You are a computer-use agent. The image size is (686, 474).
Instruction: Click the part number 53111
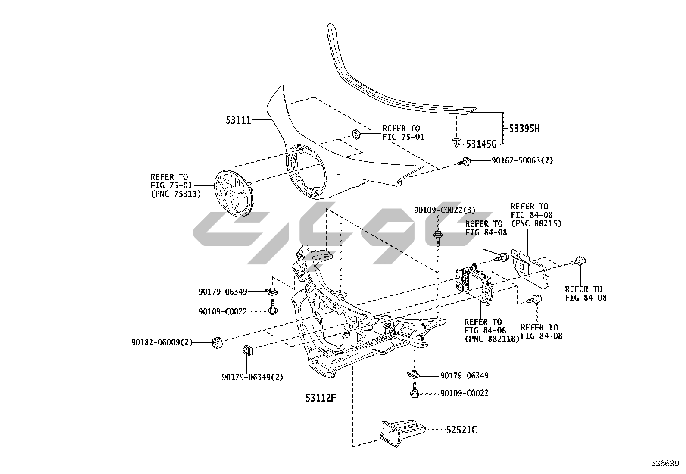point(238,120)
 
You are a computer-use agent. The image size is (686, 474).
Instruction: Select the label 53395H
point(524,129)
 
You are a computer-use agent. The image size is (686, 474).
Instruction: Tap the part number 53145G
point(481,144)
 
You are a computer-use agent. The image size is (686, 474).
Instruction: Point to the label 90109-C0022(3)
point(444,210)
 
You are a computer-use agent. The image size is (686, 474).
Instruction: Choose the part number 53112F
point(321,398)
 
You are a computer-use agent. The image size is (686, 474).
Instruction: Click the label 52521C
point(461,430)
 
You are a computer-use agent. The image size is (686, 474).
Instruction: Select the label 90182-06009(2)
point(162,342)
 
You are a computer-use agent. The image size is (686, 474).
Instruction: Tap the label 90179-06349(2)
point(253,377)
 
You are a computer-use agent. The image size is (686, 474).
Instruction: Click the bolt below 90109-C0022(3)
point(438,237)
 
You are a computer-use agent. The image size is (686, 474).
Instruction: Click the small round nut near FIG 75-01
point(357,134)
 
